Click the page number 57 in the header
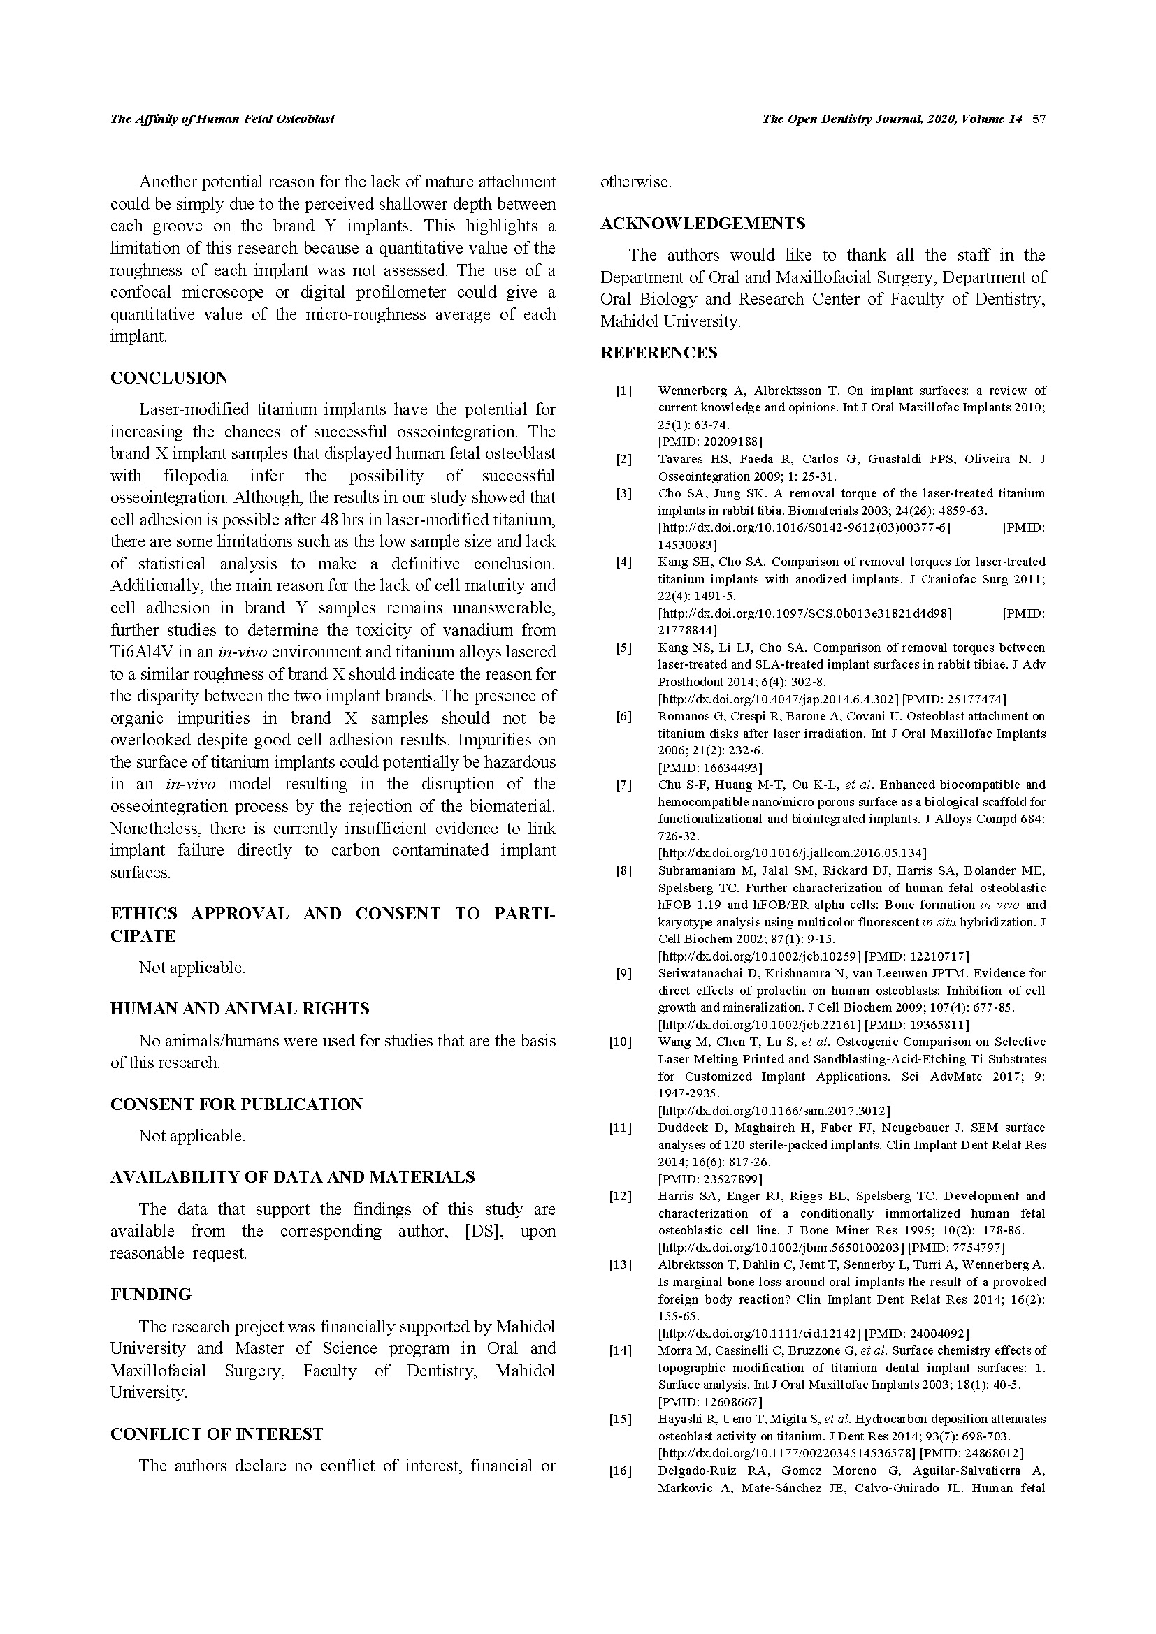(x=1039, y=119)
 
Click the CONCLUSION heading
(x=168, y=378)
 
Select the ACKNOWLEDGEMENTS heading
(x=702, y=224)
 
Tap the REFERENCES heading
(x=658, y=353)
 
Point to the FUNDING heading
(x=151, y=1294)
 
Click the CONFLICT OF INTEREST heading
(x=217, y=1434)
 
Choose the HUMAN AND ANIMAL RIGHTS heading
(x=240, y=1009)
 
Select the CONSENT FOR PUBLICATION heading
(x=236, y=1104)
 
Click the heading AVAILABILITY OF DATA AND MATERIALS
(x=293, y=1177)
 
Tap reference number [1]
(x=623, y=391)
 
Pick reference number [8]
(x=623, y=870)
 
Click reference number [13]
(x=621, y=1264)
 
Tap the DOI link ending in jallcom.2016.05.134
(x=793, y=853)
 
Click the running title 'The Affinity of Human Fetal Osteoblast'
(x=222, y=119)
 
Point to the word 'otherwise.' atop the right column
(x=635, y=182)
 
